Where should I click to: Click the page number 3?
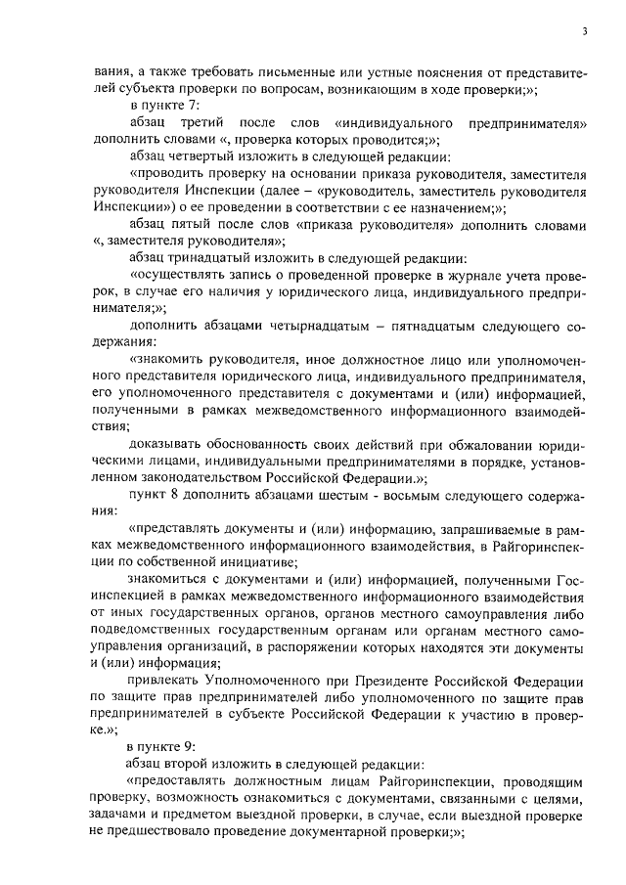(x=583, y=32)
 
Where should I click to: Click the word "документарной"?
(x=358, y=833)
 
